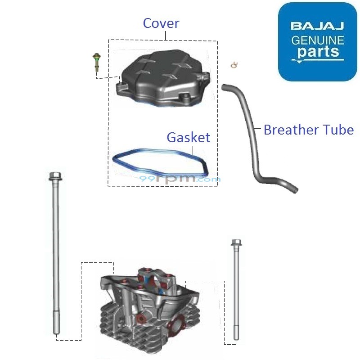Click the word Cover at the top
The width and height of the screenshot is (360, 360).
pos(161,23)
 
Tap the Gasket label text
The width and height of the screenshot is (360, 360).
pos(188,137)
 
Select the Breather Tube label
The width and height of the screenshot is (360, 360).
pos(308,130)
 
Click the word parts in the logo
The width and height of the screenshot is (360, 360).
pos(317,52)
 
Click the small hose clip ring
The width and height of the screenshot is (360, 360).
pos(233,65)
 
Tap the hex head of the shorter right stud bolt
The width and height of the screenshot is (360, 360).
pos(235,243)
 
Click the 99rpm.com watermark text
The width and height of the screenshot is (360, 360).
pos(180,179)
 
